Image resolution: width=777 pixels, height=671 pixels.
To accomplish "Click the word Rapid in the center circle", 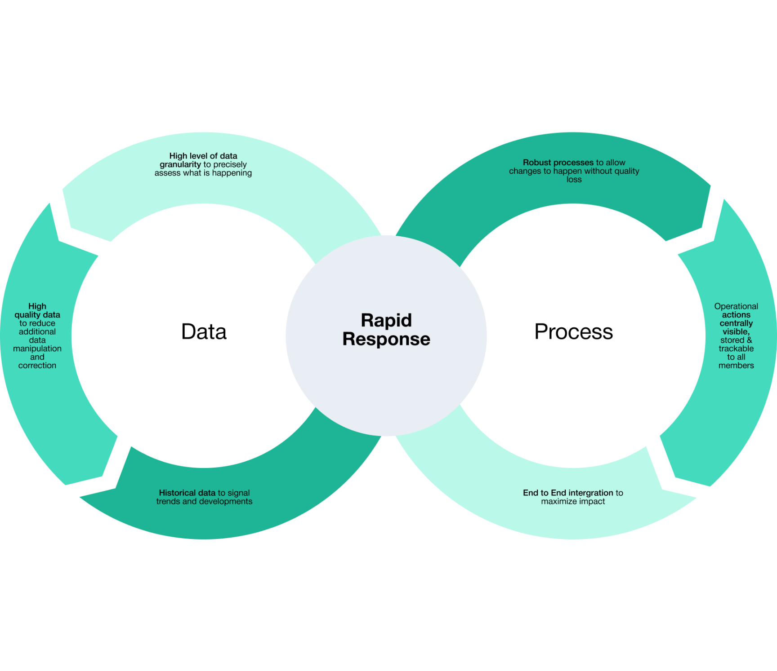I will click(x=386, y=320).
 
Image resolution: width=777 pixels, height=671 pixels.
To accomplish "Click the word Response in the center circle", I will click(x=386, y=339).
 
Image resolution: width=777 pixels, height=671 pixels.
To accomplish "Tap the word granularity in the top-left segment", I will click(x=180, y=164).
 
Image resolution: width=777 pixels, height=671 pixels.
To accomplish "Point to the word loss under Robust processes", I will click(x=574, y=180).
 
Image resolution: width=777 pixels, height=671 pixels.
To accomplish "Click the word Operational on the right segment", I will click(x=736, y=306).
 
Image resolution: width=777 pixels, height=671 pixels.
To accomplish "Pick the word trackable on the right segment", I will click(x=736, y=349).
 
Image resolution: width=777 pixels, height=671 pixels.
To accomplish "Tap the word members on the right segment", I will click(x=736, y=366).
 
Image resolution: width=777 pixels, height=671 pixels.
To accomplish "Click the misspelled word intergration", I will click(x=590, y=493).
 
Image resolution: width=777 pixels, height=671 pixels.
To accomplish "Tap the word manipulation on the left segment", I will click(x=37, y=349).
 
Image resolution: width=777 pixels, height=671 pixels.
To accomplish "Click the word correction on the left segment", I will click(x=37, y=366).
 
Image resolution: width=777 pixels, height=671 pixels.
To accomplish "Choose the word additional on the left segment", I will click(x=37, y=332).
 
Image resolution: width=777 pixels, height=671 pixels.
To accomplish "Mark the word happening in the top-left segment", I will click(x=232, y=173).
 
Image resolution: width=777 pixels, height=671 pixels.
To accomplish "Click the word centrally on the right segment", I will click(x=736, y=323).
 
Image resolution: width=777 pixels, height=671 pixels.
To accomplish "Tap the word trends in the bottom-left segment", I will click(x=168, y=501).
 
